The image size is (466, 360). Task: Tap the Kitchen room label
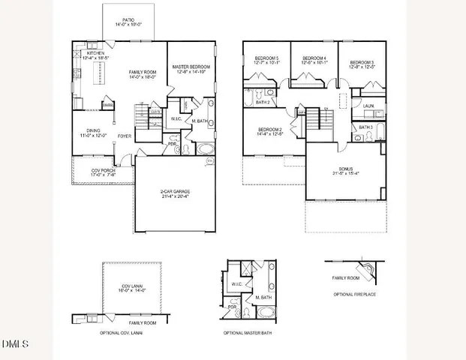click(95, 54)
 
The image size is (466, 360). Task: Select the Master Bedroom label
click(191, 67)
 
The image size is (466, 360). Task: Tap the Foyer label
click(125, 136)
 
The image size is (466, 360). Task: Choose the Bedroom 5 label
click(266, 58)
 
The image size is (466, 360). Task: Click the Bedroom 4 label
click(313, 58)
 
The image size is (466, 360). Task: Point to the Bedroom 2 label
click(269, 130)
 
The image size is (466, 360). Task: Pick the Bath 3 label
click(365, 127)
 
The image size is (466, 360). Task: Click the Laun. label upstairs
click(368, 106)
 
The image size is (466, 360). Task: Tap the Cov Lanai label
click(132, 286)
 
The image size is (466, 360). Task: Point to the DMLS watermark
click(15, 345)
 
